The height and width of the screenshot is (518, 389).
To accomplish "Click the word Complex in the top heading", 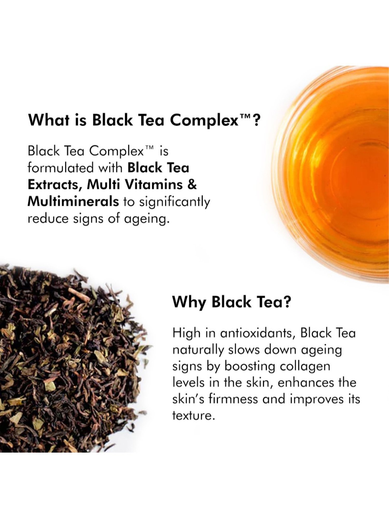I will [204, 121].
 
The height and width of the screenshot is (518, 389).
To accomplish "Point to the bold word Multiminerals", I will [73, 202].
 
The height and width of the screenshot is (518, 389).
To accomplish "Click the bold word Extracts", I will [55, 185].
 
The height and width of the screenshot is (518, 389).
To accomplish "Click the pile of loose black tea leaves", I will [65, 363].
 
